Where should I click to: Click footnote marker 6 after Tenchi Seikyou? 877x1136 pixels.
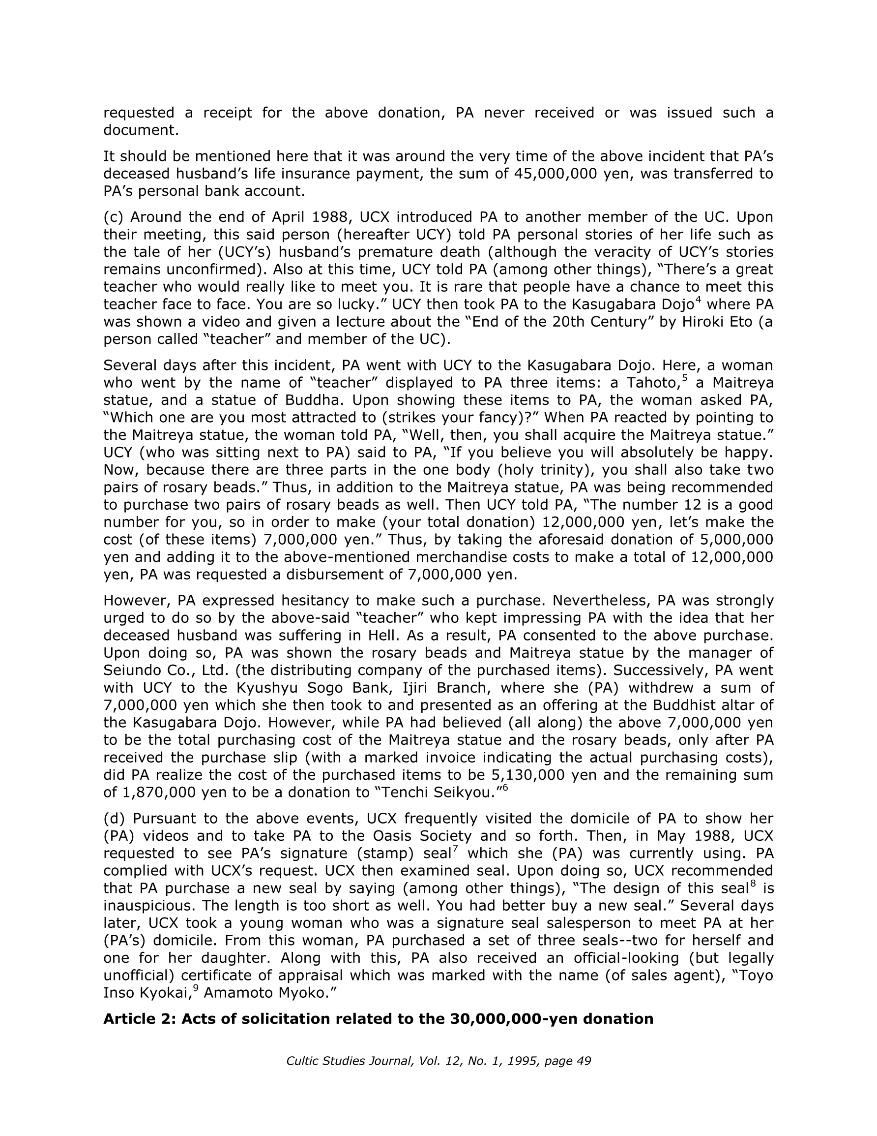[x=505, y=787]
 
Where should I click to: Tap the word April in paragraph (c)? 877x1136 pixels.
[x=283, y=217]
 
